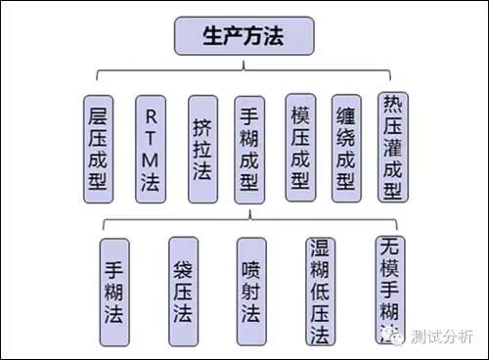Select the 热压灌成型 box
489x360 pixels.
point(394,146)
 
